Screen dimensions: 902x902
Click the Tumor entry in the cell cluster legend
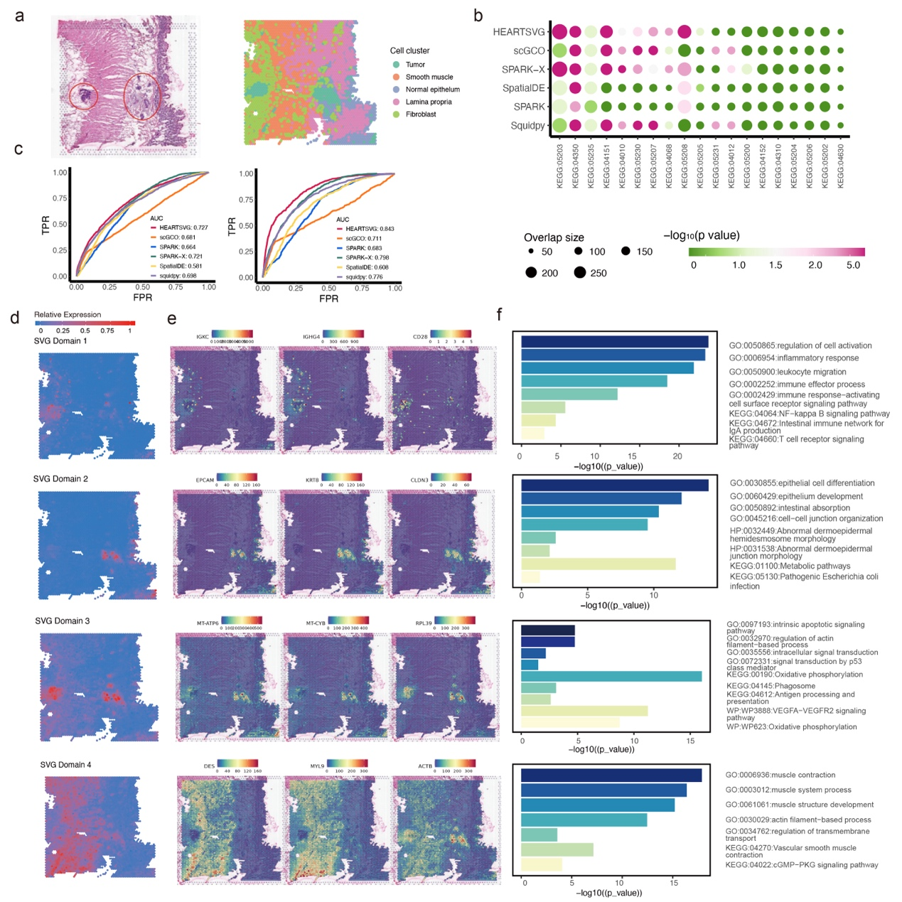tap(415, 65)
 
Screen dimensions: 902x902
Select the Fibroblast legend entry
tap(420, 114)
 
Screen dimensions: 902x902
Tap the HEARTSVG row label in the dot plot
tap(519, 32)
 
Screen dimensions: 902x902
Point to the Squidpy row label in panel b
tap(527, 126)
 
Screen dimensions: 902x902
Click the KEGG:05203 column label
tap(560, 166)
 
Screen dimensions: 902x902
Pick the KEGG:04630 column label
tap(841, 166)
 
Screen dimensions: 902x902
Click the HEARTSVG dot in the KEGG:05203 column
tap(559, 32)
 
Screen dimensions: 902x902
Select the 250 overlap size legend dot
tap(580, 273)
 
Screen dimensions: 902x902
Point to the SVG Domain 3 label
tap(63, 621)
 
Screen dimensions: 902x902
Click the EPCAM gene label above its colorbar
tap(205, 480)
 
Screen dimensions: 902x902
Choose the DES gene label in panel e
tap(209, 767)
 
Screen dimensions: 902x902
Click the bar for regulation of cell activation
tap(614, 342)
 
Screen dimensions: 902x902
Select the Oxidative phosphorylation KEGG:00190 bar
tap(611, 676)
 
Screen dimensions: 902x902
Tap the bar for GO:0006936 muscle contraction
tap(611, 775)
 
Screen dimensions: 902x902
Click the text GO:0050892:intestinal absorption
tap(790, 508)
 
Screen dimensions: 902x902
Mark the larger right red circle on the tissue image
tap(142, 97)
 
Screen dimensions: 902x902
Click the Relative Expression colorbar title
tap(68, 315)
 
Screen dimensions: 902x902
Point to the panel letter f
tap(500, 314)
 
